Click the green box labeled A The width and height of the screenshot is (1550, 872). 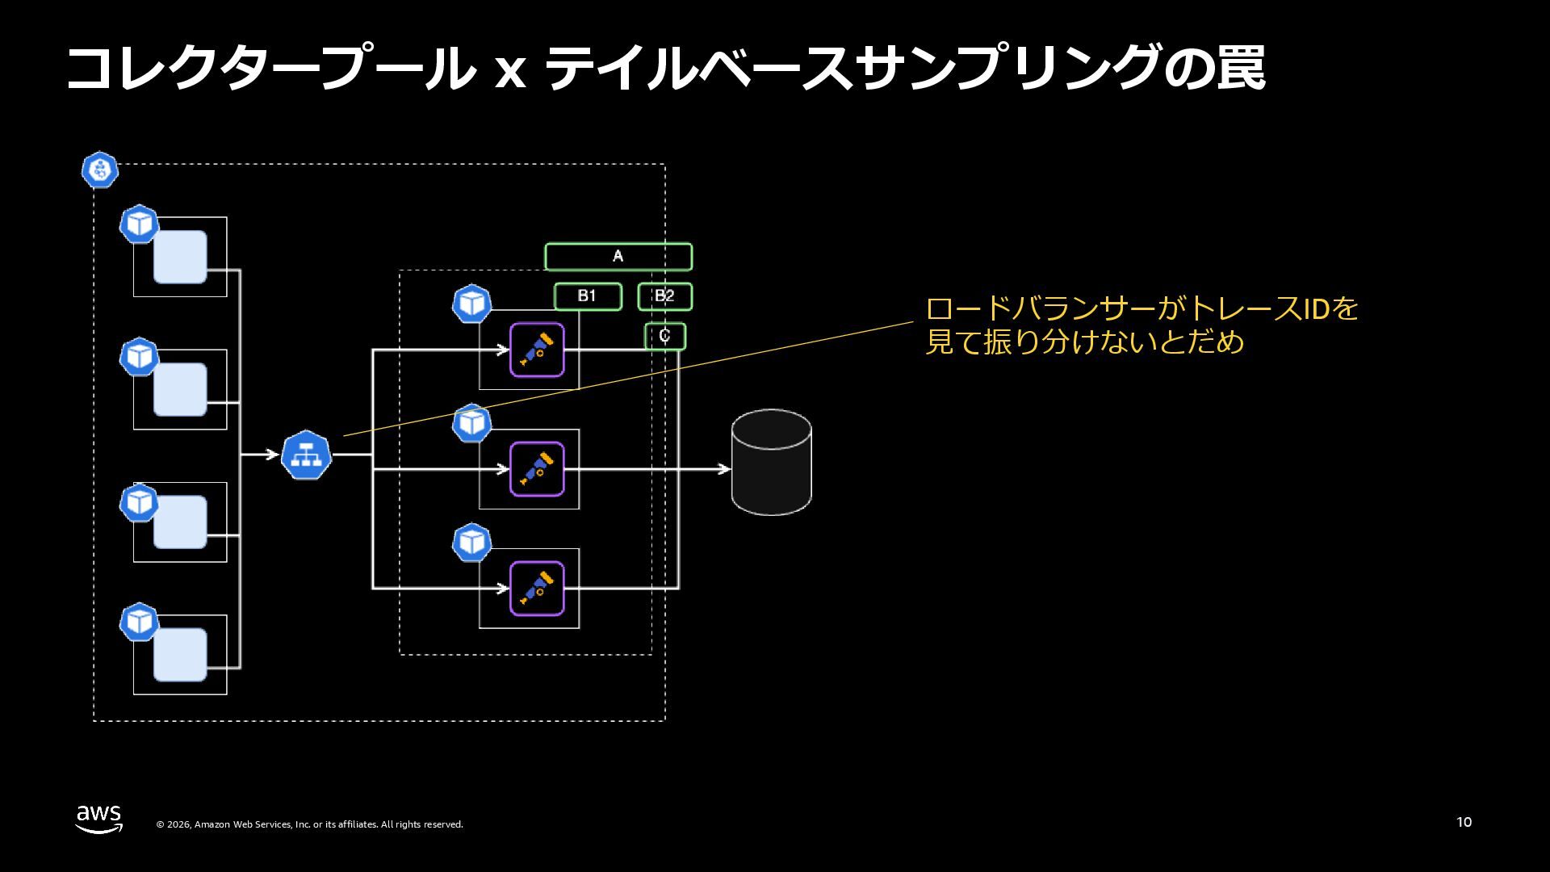tap(618, 257)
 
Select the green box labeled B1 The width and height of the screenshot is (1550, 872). tap(588, 296)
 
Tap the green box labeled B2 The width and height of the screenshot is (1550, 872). tap(664, 296)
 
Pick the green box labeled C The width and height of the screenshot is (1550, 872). tap(664, 336)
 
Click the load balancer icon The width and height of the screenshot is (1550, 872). tap(307, 455)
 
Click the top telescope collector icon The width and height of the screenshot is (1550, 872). tap(537, 350)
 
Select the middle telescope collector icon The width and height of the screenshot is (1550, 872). tap(537, 469)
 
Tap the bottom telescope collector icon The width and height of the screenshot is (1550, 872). tap(537, 589)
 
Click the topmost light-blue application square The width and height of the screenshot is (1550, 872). tap(180, 257)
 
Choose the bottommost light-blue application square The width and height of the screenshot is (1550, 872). tap(180, 655)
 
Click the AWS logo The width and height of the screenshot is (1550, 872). tap(99, 818)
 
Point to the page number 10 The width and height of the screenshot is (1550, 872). tap(1464, 822)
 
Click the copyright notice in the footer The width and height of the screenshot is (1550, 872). tap(309, 824)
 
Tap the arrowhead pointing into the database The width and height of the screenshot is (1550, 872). tap(724, 469)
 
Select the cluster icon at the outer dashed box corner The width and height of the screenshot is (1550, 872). tap(100, 170)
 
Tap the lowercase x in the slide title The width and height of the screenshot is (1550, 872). tap(509, 71)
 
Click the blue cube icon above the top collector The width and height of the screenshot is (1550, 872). tap(471, 304)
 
